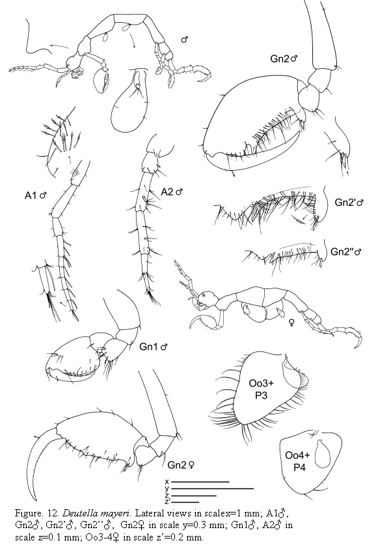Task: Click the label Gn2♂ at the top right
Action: (x=284, y=58)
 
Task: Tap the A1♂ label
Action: (x=36, y=196)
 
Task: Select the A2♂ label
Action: (x=172, y=192)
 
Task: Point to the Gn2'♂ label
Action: (x=349, y=202)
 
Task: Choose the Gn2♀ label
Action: (x=181, y=464)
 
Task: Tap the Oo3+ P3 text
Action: (x=261, y=389)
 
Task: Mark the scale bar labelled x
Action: (x=200, y=482)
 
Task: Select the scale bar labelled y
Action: (x=212, y=488)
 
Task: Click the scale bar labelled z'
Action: (x=185, y=502)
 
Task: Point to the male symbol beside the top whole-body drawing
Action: (x=185, y=40)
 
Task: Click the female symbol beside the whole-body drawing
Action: (x=291, y=323)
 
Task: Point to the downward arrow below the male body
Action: (x=133, y=41)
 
